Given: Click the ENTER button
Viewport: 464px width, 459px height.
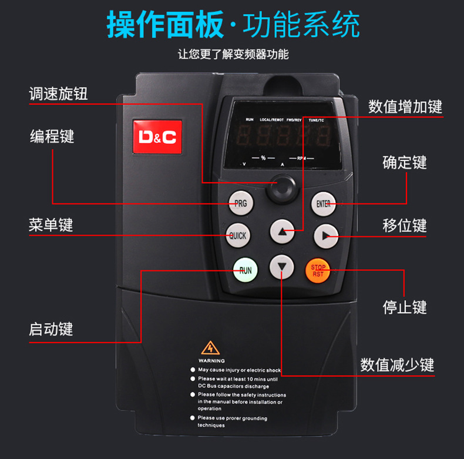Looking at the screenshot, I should tap(323, 204).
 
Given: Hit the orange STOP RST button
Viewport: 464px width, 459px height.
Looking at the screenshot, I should tap(318, 270).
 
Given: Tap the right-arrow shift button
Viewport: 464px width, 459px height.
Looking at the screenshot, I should tap(325, 236).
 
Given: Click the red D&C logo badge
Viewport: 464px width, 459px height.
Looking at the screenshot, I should tap(157, 137).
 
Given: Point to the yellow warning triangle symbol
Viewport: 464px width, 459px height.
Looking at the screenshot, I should tap(210, 348).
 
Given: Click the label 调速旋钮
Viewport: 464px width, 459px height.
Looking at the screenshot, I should tap(59, 93).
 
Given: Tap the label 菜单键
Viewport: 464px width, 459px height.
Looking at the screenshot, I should tap(51, 225).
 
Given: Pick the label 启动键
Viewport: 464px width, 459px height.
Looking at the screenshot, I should tap(51, 329).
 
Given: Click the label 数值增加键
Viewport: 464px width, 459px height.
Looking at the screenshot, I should tap(405, 107).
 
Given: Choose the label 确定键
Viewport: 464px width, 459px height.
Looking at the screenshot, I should tap(405, 162).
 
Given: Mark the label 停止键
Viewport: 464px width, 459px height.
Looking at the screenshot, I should tap(405, 307).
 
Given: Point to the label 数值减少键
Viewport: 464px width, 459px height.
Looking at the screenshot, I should tap(397, 364).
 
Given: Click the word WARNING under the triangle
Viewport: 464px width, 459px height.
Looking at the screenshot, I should tap(211, 360).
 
